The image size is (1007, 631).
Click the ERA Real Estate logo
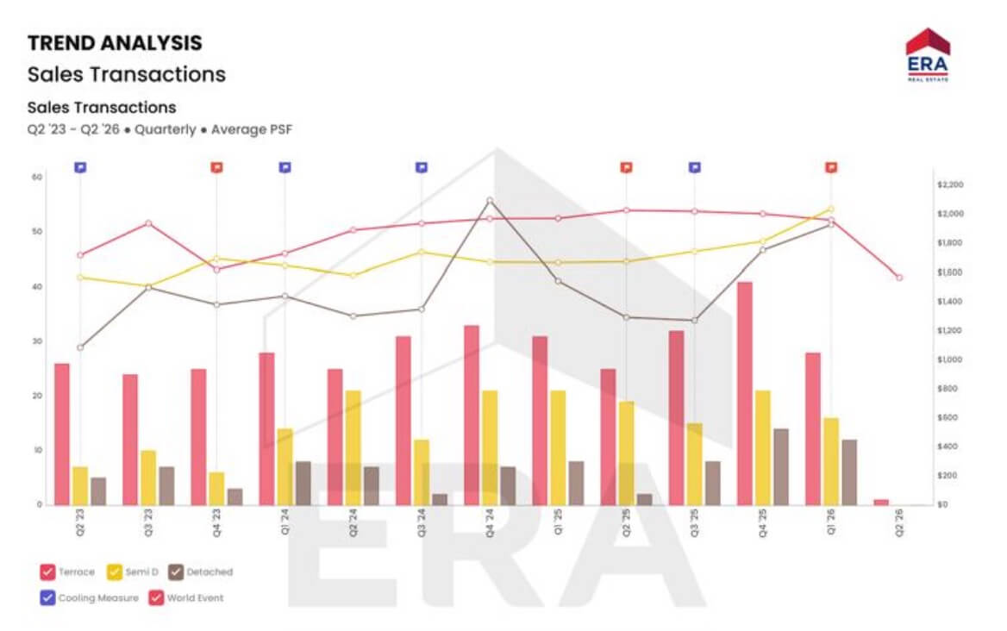(x=928, y=55)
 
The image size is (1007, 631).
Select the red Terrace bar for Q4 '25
(x=744, y=393)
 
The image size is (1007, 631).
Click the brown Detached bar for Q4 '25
(x=780, y=466)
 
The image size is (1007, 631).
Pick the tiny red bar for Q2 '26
(x=880, y=502)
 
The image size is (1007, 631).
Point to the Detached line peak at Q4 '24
(x=490, y=201)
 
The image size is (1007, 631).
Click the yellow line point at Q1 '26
(x=831, y=209)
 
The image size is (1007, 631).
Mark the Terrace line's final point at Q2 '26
(x=899, y=278)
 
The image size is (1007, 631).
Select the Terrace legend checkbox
(x=48, y=572)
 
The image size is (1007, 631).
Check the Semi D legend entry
(x=113, y=572)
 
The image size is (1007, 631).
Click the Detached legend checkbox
(x=175, y=572)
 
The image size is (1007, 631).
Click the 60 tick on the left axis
(x=37, y=177)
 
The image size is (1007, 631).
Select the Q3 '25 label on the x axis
(x=695, y=527)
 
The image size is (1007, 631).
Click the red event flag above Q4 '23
(x=216, y=167)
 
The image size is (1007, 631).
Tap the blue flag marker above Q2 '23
(x=80, y=167)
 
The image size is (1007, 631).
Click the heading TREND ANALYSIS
(x=115, y=42)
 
